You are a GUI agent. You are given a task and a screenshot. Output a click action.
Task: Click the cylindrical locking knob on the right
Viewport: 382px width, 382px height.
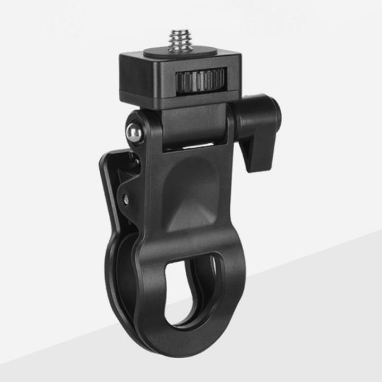point(260,114)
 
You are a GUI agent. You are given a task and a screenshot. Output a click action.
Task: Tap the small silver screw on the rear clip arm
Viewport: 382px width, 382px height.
point(126,198)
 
